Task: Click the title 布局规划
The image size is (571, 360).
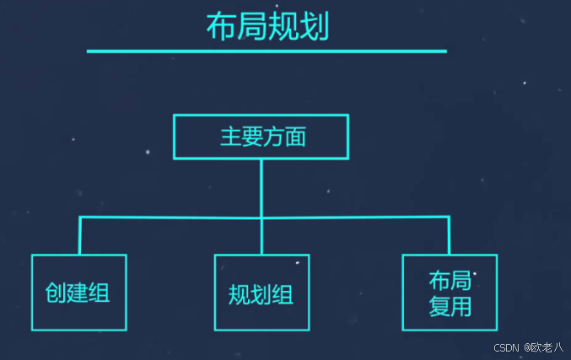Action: (x=267, y=27)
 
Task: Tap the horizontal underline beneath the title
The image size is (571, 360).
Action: (x=267, y=51)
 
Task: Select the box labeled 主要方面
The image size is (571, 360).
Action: (x=261, y=137)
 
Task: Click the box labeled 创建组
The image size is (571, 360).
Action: (x=78, y=292)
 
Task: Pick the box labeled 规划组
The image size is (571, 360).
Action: (x=261, y=292)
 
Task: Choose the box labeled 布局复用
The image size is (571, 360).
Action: (x=450, y=292)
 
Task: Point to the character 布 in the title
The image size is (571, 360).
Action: (x=221, y=27)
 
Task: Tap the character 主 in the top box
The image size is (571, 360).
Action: (x=230, y=137)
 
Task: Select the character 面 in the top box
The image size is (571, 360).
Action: (x=294, y=137)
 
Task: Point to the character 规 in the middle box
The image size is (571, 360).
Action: (x=240, y=295)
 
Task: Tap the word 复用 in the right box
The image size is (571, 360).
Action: (x=450, y=306)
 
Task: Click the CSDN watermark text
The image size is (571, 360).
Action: (x=505, y=347)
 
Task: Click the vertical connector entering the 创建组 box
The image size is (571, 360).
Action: (x=80, y=235)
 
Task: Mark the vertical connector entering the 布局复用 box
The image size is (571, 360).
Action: (x=449, y=235)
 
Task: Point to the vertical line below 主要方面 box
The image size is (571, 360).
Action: (x=261, y=187)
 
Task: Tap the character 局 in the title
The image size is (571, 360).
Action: (x=252, y=27)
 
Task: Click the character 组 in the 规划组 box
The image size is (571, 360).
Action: (x=283, y=295)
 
